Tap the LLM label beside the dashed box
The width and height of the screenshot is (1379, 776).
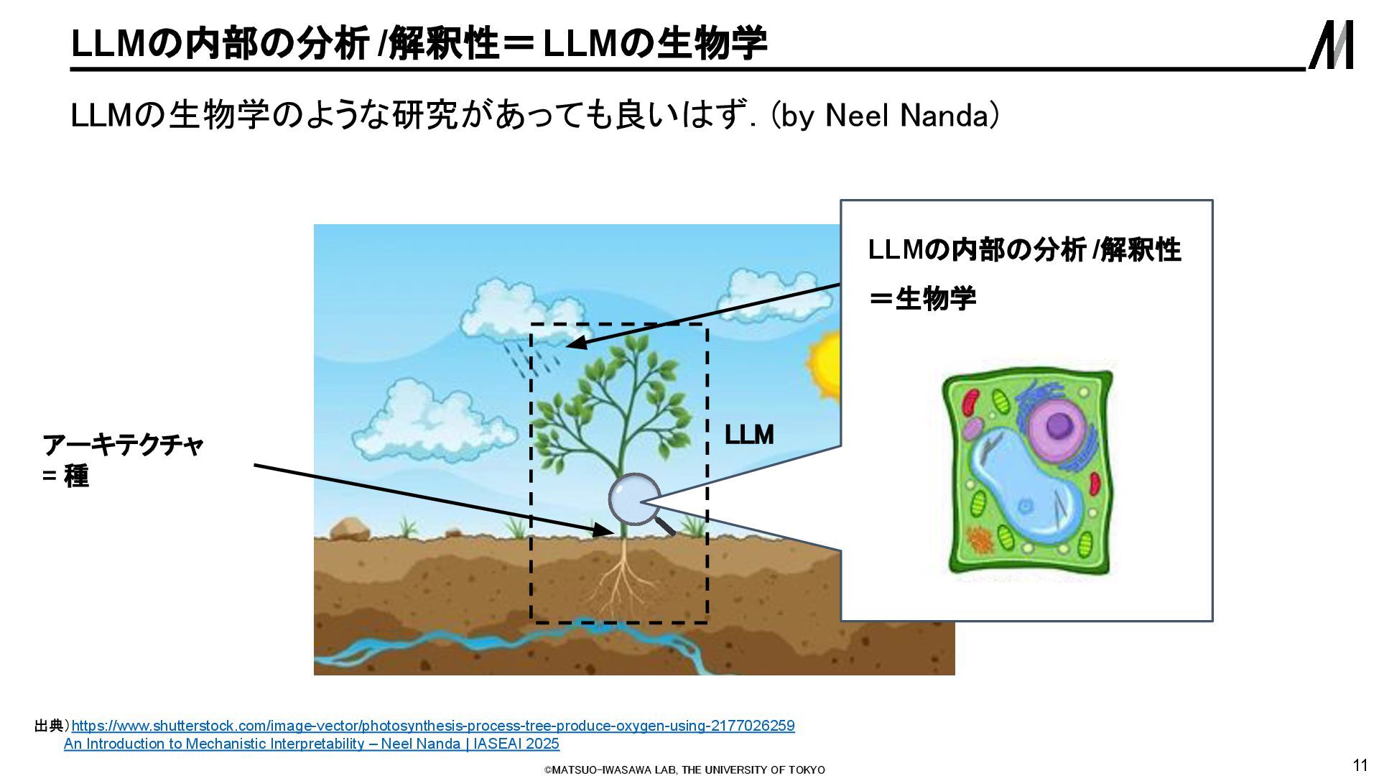[749, 435]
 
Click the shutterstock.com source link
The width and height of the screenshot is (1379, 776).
[433, 726]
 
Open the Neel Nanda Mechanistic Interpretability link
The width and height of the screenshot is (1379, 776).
[312, 744]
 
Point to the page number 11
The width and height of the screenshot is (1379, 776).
[1360, 765]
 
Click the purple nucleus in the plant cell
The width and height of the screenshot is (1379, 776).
[1058, 425]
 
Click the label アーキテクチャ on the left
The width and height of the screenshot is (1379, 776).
[123, 445]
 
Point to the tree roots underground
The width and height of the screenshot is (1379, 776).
[621, 582]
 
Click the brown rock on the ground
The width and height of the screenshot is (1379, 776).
[350, 529]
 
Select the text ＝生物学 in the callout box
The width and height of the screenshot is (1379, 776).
[923, 298]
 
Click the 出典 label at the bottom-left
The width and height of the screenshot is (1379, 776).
[50, 726]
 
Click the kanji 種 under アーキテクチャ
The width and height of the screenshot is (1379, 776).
[77, 476]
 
